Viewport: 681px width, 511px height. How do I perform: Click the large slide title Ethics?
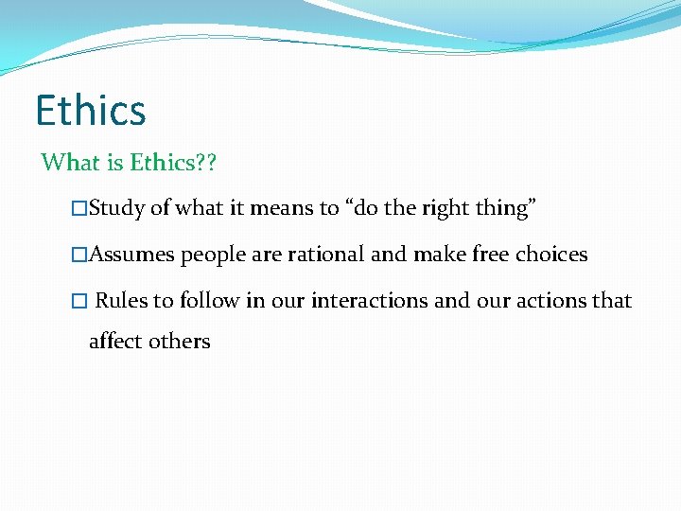[x=91, y=110]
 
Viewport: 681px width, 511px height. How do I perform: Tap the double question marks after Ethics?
[x=205, y=163]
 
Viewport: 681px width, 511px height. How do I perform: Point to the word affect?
[x=115, y=341]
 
